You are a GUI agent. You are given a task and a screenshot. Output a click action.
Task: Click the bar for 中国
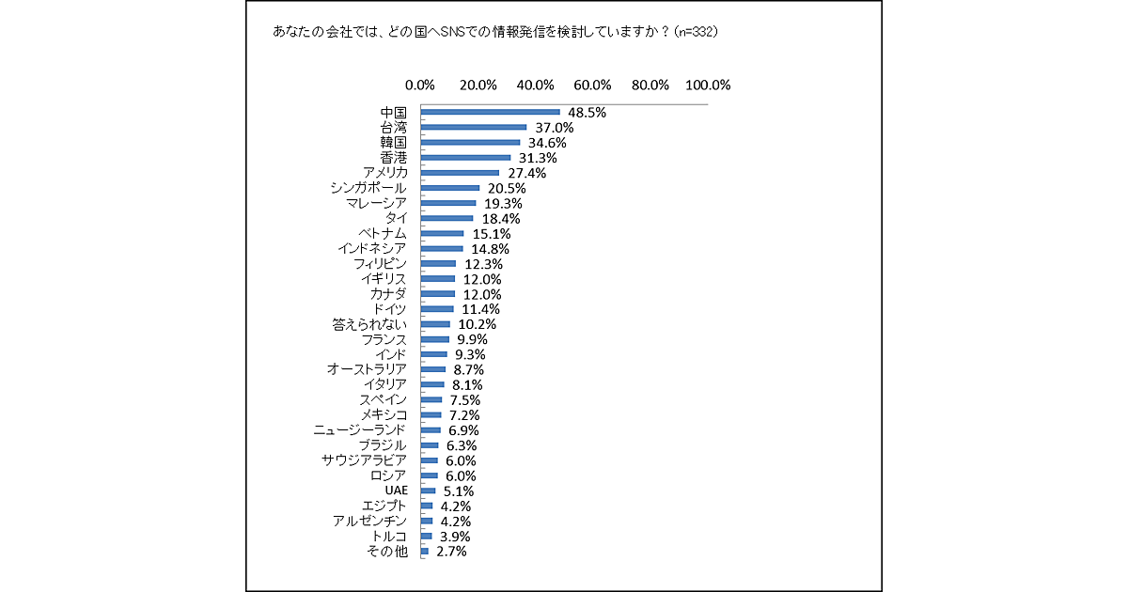click(x=490, y=112)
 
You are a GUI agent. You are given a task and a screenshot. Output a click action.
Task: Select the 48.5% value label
click(x=586, y=112)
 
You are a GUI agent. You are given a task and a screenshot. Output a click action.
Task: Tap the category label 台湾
click(x=393, y=127)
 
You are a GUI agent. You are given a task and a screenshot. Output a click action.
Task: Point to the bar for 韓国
click(x=470, y=142)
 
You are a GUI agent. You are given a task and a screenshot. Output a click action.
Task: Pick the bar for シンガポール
click(x=450, y=188)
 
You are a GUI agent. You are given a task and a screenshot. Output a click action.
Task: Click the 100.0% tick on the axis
click(x=708, y=85)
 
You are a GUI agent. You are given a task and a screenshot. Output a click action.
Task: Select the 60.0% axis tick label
click(x=593, y=85)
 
